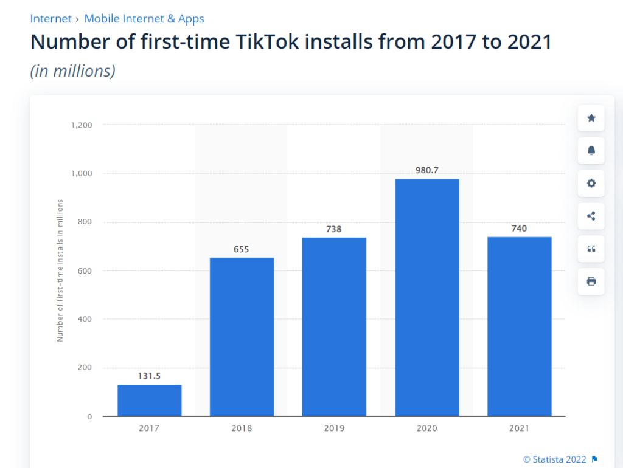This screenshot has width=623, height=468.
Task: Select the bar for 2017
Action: click(149, 400)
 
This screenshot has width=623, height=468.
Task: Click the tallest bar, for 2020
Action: click(426, 297)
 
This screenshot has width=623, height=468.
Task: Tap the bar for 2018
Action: click(242, 337)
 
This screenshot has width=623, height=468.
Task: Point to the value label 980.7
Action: click(426, 170)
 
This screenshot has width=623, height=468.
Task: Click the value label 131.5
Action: click(149, 376)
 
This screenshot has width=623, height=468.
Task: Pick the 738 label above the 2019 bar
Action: click(334, 229)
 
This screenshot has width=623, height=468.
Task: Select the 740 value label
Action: click(519, 229)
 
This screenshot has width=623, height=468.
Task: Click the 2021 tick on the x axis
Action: click(519, 428)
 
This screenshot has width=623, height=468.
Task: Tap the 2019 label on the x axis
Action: click(334, 428)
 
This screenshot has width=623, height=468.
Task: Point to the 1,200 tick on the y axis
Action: click(81, 125)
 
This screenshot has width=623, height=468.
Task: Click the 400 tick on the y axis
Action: click(85, 319)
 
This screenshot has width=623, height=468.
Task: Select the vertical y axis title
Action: click(60, 270)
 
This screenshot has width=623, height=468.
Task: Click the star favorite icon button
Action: click(591, 118)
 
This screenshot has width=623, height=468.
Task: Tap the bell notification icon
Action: click(591, 151)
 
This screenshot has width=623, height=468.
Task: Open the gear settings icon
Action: click(591, 183)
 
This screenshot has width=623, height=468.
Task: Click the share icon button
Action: click(591, 216)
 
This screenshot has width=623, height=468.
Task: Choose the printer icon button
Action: click(591, 281)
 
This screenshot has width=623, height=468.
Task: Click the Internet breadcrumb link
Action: click(50, 19)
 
